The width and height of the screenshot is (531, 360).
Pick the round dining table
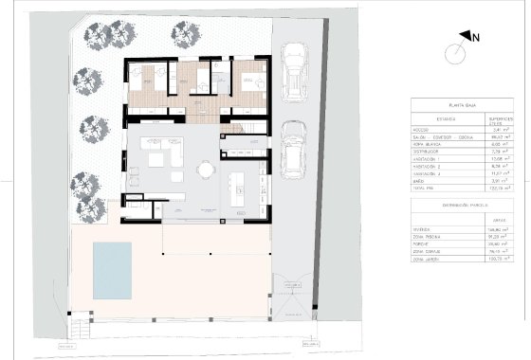[205, 171]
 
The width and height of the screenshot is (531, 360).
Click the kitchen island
[239, 179]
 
